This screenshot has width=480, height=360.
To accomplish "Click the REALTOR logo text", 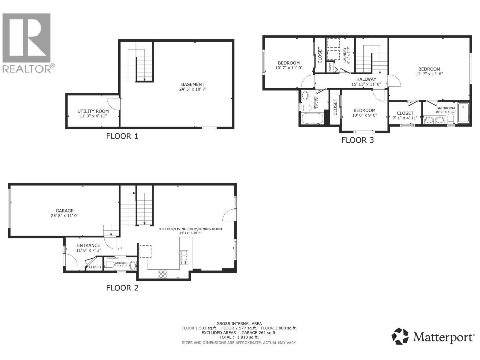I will pyautogui.click(x=27, y=69).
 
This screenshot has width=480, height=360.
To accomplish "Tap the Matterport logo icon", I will pyautogui.click(x=400, y=336).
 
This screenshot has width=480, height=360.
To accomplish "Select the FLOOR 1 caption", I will pyautogui.click(x=122, y=136).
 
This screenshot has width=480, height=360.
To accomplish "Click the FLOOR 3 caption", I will pyautogui.click(x=358, y=140).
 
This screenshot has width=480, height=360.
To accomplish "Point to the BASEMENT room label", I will pyautogui.click(x=193, y=84).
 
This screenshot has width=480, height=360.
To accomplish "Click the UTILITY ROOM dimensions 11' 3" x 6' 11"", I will pyautogui.click(x=93, y=116).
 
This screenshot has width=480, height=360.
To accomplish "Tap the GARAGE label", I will pyautogui.click(x=64, y=211).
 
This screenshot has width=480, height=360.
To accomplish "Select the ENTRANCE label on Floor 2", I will pyautogui.click(x=88, y=245).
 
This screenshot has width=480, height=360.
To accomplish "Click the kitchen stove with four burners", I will pyautogui.click(x=163, y=274).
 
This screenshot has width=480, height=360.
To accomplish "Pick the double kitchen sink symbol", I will pyautogui.click(x=184, y=257).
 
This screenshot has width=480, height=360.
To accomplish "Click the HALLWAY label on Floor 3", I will pyautogui.click(x=366, y=79).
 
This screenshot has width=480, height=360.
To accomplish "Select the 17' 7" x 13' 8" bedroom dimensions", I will pyautogui.click(x=429, y=74).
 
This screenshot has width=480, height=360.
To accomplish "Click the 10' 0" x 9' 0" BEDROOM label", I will pyautogui.click(x=364, y=110).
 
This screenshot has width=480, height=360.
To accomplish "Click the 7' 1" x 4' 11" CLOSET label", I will pyautogui.click(x=405, y=113).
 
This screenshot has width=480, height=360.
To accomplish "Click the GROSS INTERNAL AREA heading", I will pyautogui.click(x=239, y=323).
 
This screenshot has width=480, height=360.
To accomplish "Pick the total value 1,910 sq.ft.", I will pyautogui.click(x=247, y=337).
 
